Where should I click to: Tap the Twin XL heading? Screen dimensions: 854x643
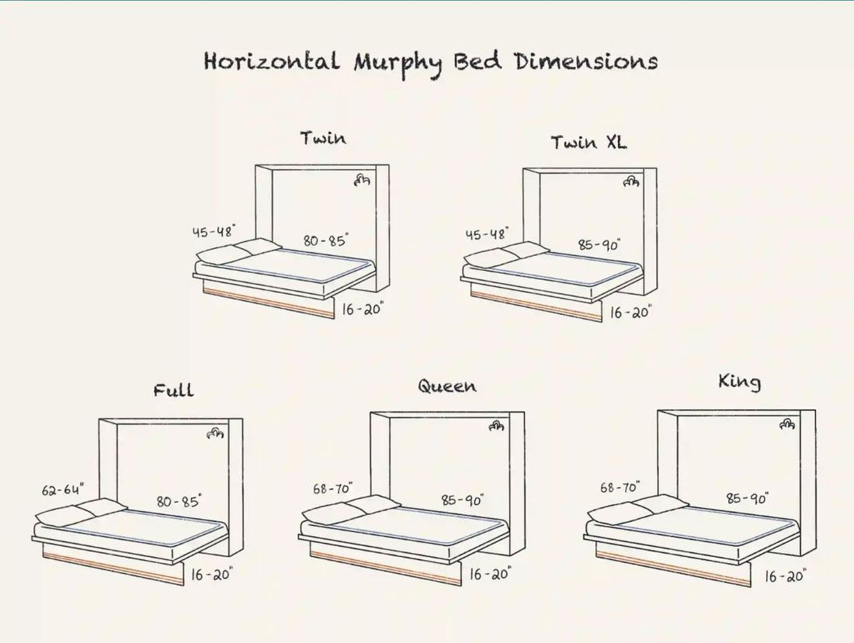tap(588, 143)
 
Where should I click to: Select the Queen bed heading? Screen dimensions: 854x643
tap(447, 386)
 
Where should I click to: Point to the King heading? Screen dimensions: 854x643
tap(739, 382)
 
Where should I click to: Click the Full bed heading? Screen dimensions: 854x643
tap(173, 390)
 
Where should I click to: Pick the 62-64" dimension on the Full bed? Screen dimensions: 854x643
tap(63, 489)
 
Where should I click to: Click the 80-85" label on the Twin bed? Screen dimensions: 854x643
tap(326, 240)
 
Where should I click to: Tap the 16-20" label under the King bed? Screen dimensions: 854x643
tap(786, 576)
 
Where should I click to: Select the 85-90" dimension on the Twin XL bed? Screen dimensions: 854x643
tap(599, 245)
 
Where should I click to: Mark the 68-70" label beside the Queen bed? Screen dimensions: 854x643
tap(333, 489)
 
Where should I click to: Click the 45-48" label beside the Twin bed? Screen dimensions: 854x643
tap(213, 231)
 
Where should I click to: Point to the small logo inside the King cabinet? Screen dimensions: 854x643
tap(787, 423)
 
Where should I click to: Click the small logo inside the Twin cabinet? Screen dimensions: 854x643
tap(362, 179)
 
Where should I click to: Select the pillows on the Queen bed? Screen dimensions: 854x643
tap(349, 509)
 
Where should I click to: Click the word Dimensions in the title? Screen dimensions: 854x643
tap(586, 61)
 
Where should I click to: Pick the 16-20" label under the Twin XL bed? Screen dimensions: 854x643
tap(630, 313)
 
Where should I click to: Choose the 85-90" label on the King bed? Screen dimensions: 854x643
tap(747, 498)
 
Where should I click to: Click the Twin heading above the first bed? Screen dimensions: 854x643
tap(324, 138)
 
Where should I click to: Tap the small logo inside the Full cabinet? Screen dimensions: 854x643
tap(215, 434)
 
